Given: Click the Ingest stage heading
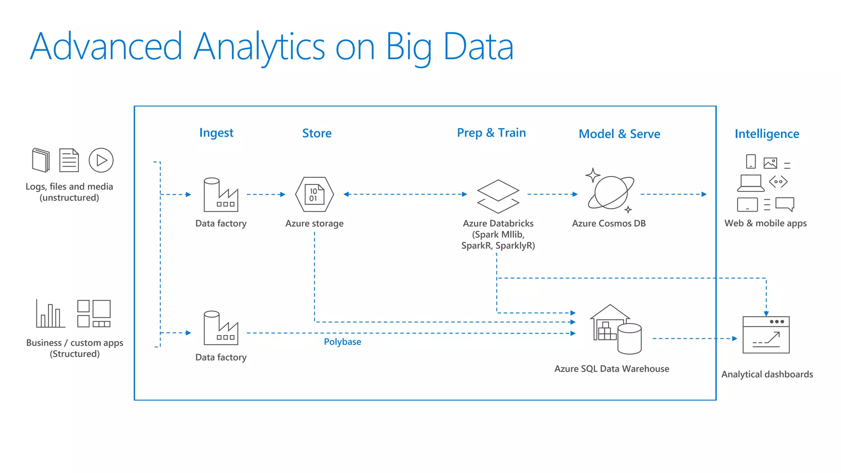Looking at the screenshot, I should [x=216, y=133].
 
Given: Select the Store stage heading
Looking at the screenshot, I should [x=317, y=133].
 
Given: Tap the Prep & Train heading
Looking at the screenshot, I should [x=491, y=133].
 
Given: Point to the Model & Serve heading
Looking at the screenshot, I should [x=619, y=134].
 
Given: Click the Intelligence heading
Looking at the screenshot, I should [x=767, y=134].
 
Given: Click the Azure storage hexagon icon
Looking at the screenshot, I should [x=315, y=194].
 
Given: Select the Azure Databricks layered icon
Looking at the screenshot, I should [x=498, y=196].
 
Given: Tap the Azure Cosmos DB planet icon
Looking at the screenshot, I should [x=611, y=192].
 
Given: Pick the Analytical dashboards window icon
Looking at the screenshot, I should [x=766, y=335].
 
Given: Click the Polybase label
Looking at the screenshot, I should [x=342, y=342].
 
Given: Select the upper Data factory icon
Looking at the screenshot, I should [x=221, y=195].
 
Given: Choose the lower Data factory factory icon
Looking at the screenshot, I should [x=221, y=328].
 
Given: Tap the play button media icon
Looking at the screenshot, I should [x=101, y=160].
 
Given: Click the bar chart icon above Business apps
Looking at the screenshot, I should [x=50, y=314].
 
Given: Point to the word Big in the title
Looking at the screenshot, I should [x=408, y=47].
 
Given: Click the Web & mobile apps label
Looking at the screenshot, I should [x=765, y=223].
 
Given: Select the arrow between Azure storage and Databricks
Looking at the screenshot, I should [x=405, y=194].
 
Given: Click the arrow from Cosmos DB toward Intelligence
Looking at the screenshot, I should [x=673, y=194].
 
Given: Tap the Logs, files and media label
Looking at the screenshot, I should [x=69, y=192].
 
